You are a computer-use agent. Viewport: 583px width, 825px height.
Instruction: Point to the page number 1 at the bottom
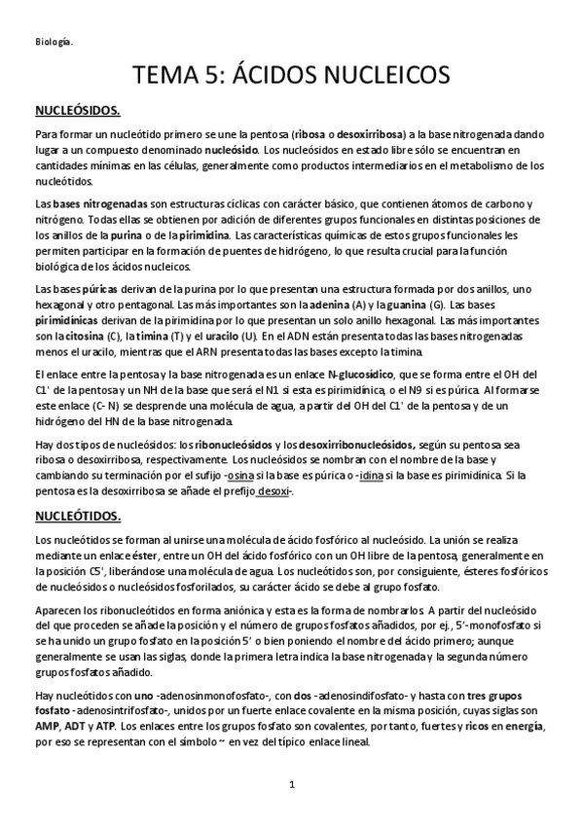[291, 784]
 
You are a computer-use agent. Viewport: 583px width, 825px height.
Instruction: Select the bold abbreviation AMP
[48, 728]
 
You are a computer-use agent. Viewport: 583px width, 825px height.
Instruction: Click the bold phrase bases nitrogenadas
[95, 204]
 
